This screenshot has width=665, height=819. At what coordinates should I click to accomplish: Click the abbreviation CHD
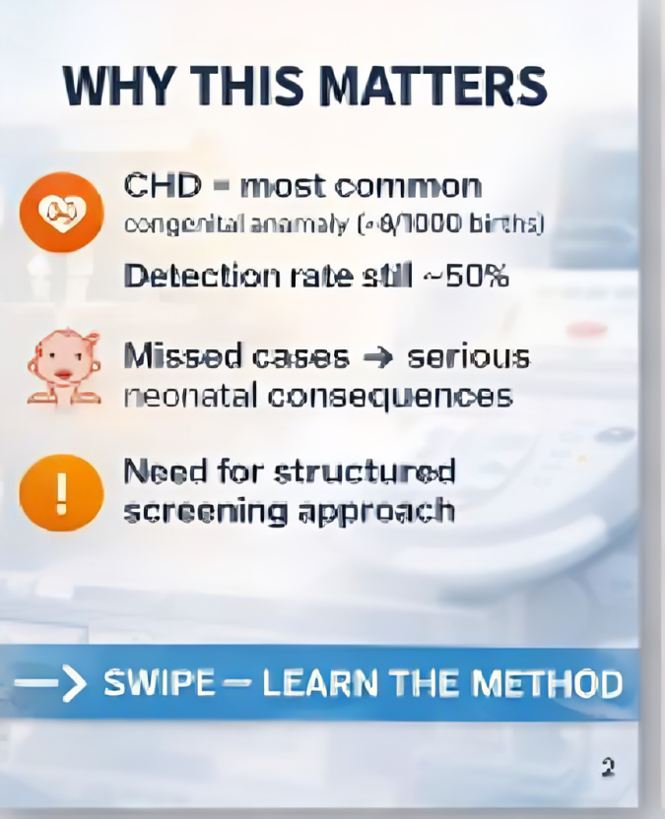(163, 185)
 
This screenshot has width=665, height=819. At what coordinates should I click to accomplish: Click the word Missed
(172, 356)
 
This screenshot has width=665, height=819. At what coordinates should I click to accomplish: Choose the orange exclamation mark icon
(61, 492)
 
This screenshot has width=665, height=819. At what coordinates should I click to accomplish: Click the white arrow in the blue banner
(51, 683)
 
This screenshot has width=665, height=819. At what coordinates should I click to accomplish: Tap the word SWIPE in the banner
(159, 683)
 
